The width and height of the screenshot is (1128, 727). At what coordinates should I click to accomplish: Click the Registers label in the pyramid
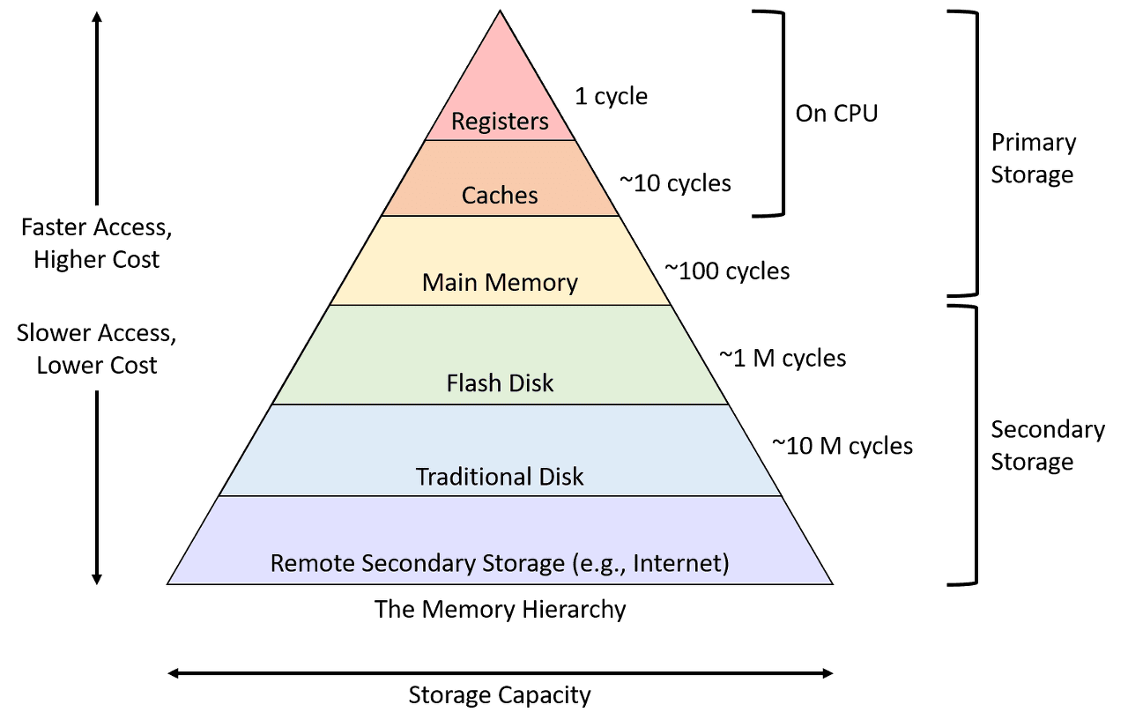click(x=500, y=121)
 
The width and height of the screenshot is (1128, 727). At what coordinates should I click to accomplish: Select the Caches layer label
click(x=500, y=195)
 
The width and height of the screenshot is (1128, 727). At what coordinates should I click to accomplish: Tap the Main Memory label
click(x=500, y=282)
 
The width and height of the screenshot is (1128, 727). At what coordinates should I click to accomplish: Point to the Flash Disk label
click(x=500, y=383)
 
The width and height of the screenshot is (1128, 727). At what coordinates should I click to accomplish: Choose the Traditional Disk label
click(x=500, y=477)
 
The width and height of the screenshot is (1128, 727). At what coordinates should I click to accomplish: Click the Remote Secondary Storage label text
click(x=500, y=563)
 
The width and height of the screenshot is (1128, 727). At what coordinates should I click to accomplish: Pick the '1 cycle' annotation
click(x=611, y=96)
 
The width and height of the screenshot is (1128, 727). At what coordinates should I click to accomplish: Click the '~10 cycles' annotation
click(x=674, y=183)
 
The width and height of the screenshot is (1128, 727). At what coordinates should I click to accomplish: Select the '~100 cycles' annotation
click(x=727, y=271)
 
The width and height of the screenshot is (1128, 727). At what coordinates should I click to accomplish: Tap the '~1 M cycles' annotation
click(x=782, y=358)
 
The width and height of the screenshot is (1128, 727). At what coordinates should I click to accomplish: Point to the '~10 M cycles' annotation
click(x=842, y=445)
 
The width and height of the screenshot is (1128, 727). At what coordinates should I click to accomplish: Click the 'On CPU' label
click(x=836, y=114)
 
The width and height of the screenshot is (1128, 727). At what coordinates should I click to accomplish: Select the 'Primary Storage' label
click(x=1033, y=158)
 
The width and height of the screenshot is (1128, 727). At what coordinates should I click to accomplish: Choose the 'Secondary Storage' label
click(x=1047, y=445)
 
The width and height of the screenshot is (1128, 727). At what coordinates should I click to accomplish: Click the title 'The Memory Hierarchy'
click(x=500, y=609)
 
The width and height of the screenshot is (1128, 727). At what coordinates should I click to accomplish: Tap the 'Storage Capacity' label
click(x=500, y=695)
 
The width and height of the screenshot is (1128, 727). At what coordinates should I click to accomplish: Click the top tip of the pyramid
click(x=501, y=12)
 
